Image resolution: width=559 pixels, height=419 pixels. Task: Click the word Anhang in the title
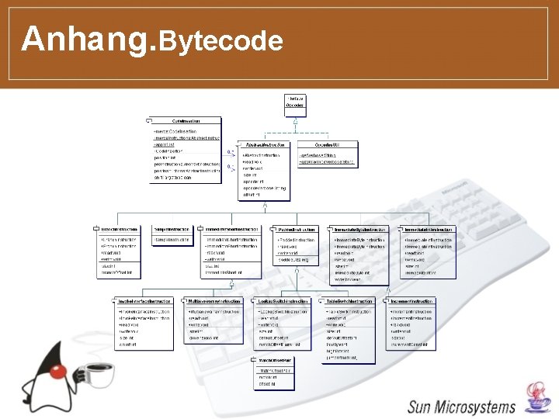(88, 38)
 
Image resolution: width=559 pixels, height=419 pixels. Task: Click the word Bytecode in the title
(221, 40)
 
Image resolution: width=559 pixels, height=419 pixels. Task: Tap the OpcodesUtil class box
(327, 155)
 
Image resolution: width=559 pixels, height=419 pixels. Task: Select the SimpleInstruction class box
(172, 237)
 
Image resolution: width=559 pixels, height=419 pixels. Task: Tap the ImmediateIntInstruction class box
(429, 251)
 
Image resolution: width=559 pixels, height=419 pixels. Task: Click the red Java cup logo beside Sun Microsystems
(535, 398)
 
